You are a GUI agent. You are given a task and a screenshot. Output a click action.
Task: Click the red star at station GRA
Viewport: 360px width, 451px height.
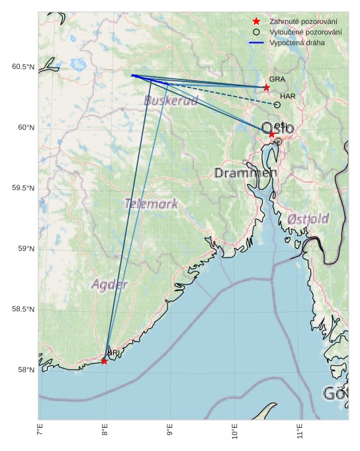tap(267, 87)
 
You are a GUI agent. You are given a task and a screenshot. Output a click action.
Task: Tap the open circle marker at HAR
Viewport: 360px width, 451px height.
tap(277, 105)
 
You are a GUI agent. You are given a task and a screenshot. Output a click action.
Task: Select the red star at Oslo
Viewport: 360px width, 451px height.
tap(272, 134)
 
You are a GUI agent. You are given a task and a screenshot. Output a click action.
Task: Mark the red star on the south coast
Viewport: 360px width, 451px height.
tap(104, 361)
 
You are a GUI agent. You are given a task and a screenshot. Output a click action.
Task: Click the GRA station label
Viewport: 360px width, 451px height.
tap(277, 79)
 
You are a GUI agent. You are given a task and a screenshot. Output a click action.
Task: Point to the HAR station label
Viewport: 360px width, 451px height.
tap(287, 96)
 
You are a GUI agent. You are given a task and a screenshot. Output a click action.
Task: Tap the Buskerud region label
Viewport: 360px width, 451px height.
tap(171, 101)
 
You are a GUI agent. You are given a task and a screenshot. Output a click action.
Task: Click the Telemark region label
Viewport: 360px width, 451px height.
tap(151, 204)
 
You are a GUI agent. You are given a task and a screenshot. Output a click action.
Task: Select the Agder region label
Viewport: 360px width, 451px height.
tap(109, 285)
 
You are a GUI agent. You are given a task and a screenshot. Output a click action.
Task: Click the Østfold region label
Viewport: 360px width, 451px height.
tap(308, 219)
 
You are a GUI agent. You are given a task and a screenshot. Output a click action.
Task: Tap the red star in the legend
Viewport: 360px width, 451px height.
tap(256, 22)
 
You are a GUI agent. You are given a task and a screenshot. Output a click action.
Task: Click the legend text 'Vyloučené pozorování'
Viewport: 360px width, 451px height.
tap(305, 32)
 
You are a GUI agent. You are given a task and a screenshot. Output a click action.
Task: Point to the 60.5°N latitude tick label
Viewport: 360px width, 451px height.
tap(22, 67)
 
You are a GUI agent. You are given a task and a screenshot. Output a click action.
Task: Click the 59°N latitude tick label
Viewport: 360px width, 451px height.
tap(25, 249)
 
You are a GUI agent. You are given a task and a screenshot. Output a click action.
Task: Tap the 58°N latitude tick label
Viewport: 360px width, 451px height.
tap(25, 370)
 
